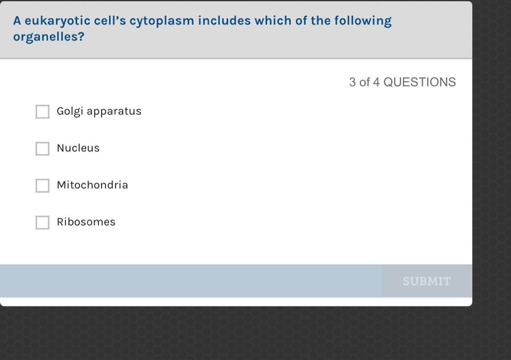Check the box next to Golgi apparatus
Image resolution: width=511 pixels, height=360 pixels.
coord(43,112)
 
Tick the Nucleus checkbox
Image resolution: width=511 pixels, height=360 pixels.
coord(43,149)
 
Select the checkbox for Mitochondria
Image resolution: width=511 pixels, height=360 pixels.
coord(43,186)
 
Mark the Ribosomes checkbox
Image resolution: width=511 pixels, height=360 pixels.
coord(43,223)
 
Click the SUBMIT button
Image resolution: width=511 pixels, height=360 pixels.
coord(427,281)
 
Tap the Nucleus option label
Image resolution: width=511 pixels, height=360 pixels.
coord(78,148)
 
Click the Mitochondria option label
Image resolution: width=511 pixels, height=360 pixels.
coord(92,185)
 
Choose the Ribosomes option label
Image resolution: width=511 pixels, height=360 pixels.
coord(86,222)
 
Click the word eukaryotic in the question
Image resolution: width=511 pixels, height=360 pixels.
coord(57,21)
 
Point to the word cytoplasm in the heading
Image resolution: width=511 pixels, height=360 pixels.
coord(162,21)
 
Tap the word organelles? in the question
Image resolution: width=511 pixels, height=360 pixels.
coord(49,37)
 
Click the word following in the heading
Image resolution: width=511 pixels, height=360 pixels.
coord(363,21)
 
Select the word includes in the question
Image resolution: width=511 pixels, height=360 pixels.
coord(224,20)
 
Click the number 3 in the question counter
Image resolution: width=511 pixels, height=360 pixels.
coord(353,82)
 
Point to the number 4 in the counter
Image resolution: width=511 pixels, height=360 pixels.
coord(376,82)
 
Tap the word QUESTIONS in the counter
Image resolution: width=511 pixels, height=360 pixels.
coord(420,82)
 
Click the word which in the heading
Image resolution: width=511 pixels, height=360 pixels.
coord(273,20)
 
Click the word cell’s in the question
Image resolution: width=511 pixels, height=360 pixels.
coord(110,20)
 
